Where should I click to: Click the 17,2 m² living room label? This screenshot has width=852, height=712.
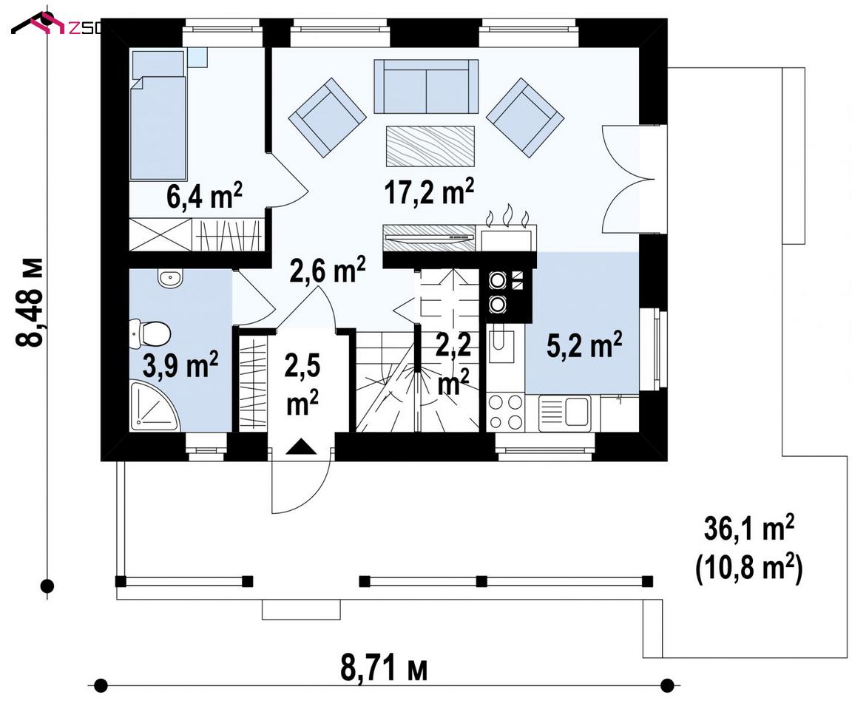point(429,192)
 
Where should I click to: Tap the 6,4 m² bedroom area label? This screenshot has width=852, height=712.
point(204,196)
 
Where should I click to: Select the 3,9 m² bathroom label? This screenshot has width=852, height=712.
point(180,365)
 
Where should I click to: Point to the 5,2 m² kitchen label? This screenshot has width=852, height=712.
point(584,345)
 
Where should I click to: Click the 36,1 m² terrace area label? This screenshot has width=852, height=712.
point(749,529)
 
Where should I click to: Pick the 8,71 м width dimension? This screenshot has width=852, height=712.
point(384,668)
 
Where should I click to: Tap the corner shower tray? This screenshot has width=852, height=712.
point(155,406)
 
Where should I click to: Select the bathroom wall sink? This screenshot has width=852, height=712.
point(171,279)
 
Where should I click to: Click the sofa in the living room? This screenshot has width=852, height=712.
point(426,87)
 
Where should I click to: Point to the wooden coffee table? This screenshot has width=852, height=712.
point(430,146)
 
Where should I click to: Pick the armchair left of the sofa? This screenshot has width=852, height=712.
point(328,118)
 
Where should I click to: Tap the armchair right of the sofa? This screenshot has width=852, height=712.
point(525,118)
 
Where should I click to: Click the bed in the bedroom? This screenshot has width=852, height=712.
point(158,115)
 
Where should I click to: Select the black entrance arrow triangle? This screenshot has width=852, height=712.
point(300,447)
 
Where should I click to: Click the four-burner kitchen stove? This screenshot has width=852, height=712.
point(505,412)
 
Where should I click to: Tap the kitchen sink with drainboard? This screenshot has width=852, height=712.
point(564,413)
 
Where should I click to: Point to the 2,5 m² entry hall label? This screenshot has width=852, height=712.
point(302,384)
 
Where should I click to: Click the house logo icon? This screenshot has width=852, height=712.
point(39,24)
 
